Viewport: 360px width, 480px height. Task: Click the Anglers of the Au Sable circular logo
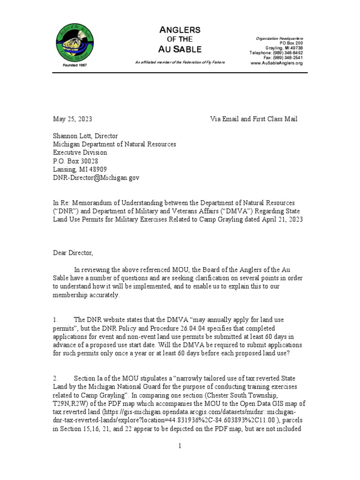pos(75,42)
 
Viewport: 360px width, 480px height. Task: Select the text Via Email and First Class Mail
pos(254,119)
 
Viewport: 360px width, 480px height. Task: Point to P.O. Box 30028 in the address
pos(75,161)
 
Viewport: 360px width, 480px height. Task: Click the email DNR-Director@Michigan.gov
pos(96,178)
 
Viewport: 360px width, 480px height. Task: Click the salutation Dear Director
pos(73,253)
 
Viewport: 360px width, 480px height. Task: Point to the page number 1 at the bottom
pos(180,446)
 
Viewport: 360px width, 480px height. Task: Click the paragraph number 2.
pos(55,378)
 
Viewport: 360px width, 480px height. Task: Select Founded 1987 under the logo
pos(75,65)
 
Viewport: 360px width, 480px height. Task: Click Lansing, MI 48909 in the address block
pos(79,169)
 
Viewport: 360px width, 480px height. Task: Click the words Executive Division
pos(80,152)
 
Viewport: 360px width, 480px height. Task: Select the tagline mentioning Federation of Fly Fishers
pos(180,62)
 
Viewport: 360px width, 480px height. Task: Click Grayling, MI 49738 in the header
pos(284,48)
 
